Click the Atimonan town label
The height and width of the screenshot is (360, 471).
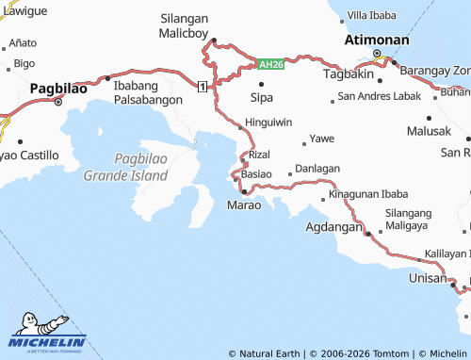pos(377,41)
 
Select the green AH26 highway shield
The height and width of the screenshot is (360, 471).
pos(270,64)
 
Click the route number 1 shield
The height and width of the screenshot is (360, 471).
pos(203,86)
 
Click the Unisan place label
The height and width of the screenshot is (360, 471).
pos(428,278)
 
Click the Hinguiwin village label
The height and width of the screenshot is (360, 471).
pos(268,123)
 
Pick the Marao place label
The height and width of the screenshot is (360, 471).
pos(243,205)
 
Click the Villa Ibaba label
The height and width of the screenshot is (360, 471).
pos(372,15)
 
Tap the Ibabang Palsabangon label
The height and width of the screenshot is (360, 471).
pos(147,91)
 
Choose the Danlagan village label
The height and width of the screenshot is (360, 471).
pos(317,168)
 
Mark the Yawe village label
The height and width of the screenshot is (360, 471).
pos(322,138)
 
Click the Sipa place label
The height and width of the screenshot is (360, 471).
pos(262,96)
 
